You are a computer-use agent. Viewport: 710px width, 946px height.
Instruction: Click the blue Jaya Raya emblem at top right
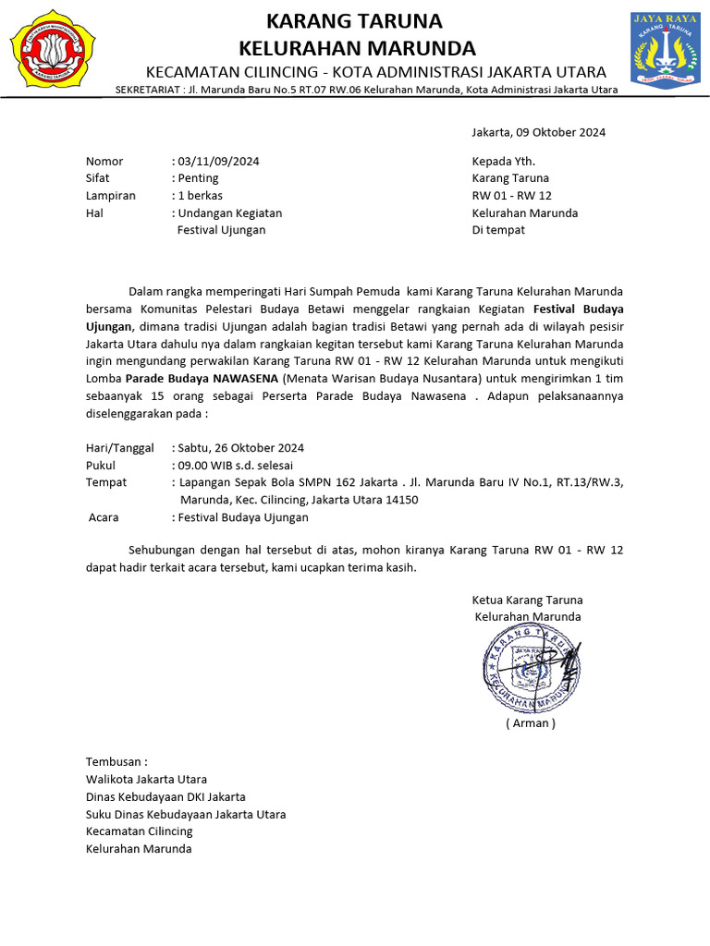point(666,50)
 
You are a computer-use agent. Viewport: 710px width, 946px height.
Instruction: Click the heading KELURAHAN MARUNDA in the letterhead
point(357,48)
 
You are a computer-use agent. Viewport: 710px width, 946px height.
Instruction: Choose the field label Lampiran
point(111,196)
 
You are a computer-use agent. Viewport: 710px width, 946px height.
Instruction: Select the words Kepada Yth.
point(503,161)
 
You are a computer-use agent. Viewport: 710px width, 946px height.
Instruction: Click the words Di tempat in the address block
point(498,230)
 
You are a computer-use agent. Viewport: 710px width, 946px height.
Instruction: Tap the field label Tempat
point(106,482)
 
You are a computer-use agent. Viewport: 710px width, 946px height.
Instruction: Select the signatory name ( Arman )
point(531,723)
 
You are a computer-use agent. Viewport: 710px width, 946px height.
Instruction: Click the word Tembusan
point(116,762)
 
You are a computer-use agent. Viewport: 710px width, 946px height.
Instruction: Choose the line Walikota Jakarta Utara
point(146,780)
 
